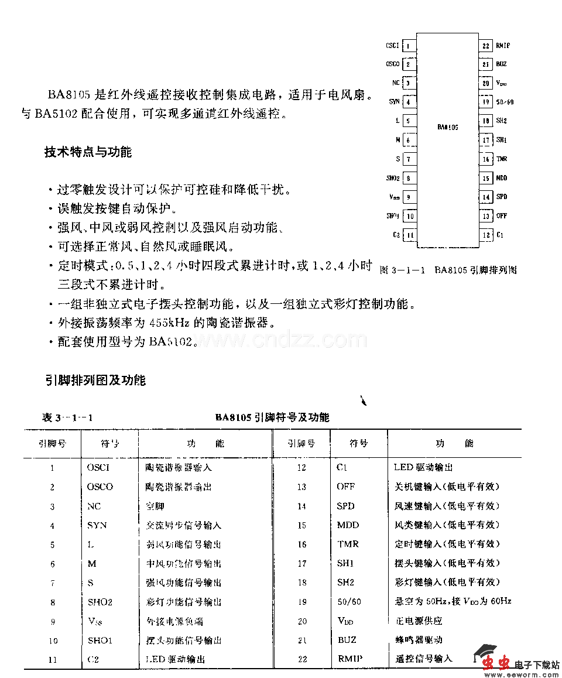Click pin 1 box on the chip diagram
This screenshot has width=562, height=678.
point(409,46)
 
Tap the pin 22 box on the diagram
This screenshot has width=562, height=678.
point(486,46)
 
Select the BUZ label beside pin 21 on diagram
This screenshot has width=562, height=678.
point(501,64)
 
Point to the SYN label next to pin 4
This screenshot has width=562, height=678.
point(394,102)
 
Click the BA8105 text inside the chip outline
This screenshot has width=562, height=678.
point(448,127)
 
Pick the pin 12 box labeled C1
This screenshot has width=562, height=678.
point(486,235)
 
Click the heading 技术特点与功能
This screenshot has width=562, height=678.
point(88,152)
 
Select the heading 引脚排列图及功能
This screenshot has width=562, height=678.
point(95,381)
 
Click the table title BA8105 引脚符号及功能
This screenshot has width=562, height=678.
point(272,417)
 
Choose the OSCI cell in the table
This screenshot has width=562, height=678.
point(98,467)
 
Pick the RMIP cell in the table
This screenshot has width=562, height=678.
point(349,659)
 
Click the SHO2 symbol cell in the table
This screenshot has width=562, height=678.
point(100,602)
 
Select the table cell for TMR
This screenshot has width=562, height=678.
point(348,544)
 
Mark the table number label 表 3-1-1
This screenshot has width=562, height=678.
point(68,417)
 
